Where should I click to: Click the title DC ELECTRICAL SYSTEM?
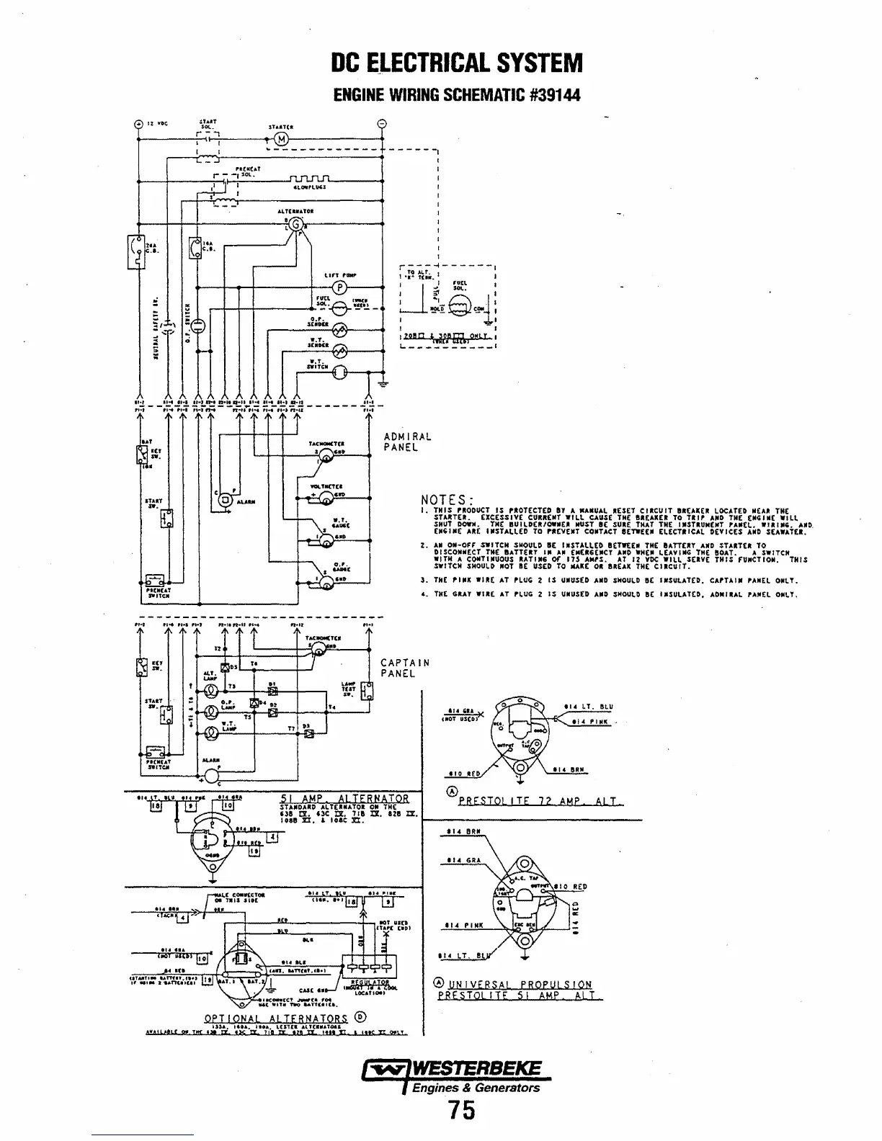pyautogui.click(x=455, y=63)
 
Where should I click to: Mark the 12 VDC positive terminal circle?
pyautogui.click(x=138, y=123)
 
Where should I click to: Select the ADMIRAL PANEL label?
pyautogui.click(x=408, y=442)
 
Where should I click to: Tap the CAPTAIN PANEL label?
pyautogui.click(x=405, y=668)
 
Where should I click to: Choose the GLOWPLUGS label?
pyautogui.click(x=311, y=187)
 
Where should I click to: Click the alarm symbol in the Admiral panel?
pyautogui.click(x=224, y=500)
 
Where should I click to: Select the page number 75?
pyautogui.click(x=462, y=1111)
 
